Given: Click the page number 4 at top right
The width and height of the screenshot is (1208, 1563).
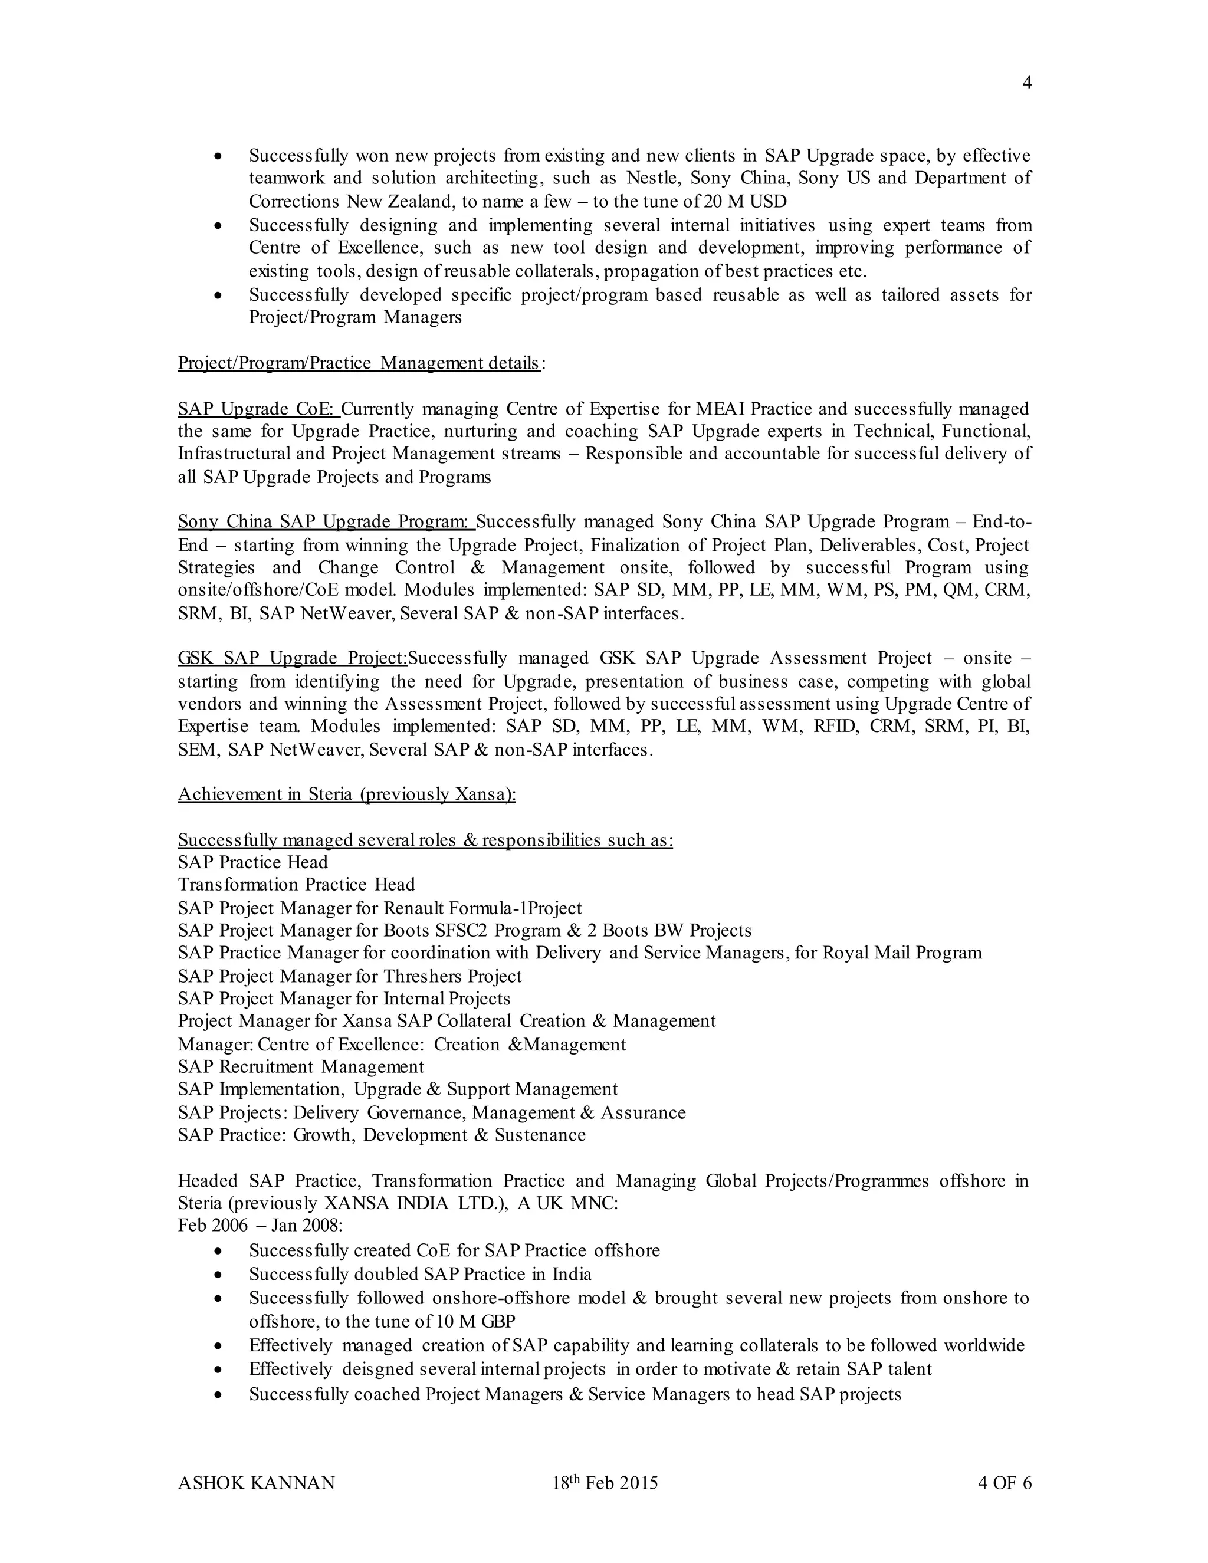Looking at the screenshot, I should point(1026,84).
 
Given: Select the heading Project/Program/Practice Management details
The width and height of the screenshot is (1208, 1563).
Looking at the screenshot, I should point(359,363).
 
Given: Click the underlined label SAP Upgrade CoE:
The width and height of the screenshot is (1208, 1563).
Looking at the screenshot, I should point(258,409).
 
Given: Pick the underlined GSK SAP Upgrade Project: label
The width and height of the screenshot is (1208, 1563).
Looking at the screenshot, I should point(292,658).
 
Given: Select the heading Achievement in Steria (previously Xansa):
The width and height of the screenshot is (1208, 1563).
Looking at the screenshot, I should point(346,794).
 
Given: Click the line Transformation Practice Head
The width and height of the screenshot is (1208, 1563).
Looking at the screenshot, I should point(296,885).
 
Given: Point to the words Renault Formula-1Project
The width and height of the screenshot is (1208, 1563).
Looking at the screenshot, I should point(483,909).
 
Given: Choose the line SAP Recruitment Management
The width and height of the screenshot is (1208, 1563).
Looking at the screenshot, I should point(301,1067).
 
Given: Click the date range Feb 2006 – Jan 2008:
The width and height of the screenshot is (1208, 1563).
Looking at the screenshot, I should point(261,1226).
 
